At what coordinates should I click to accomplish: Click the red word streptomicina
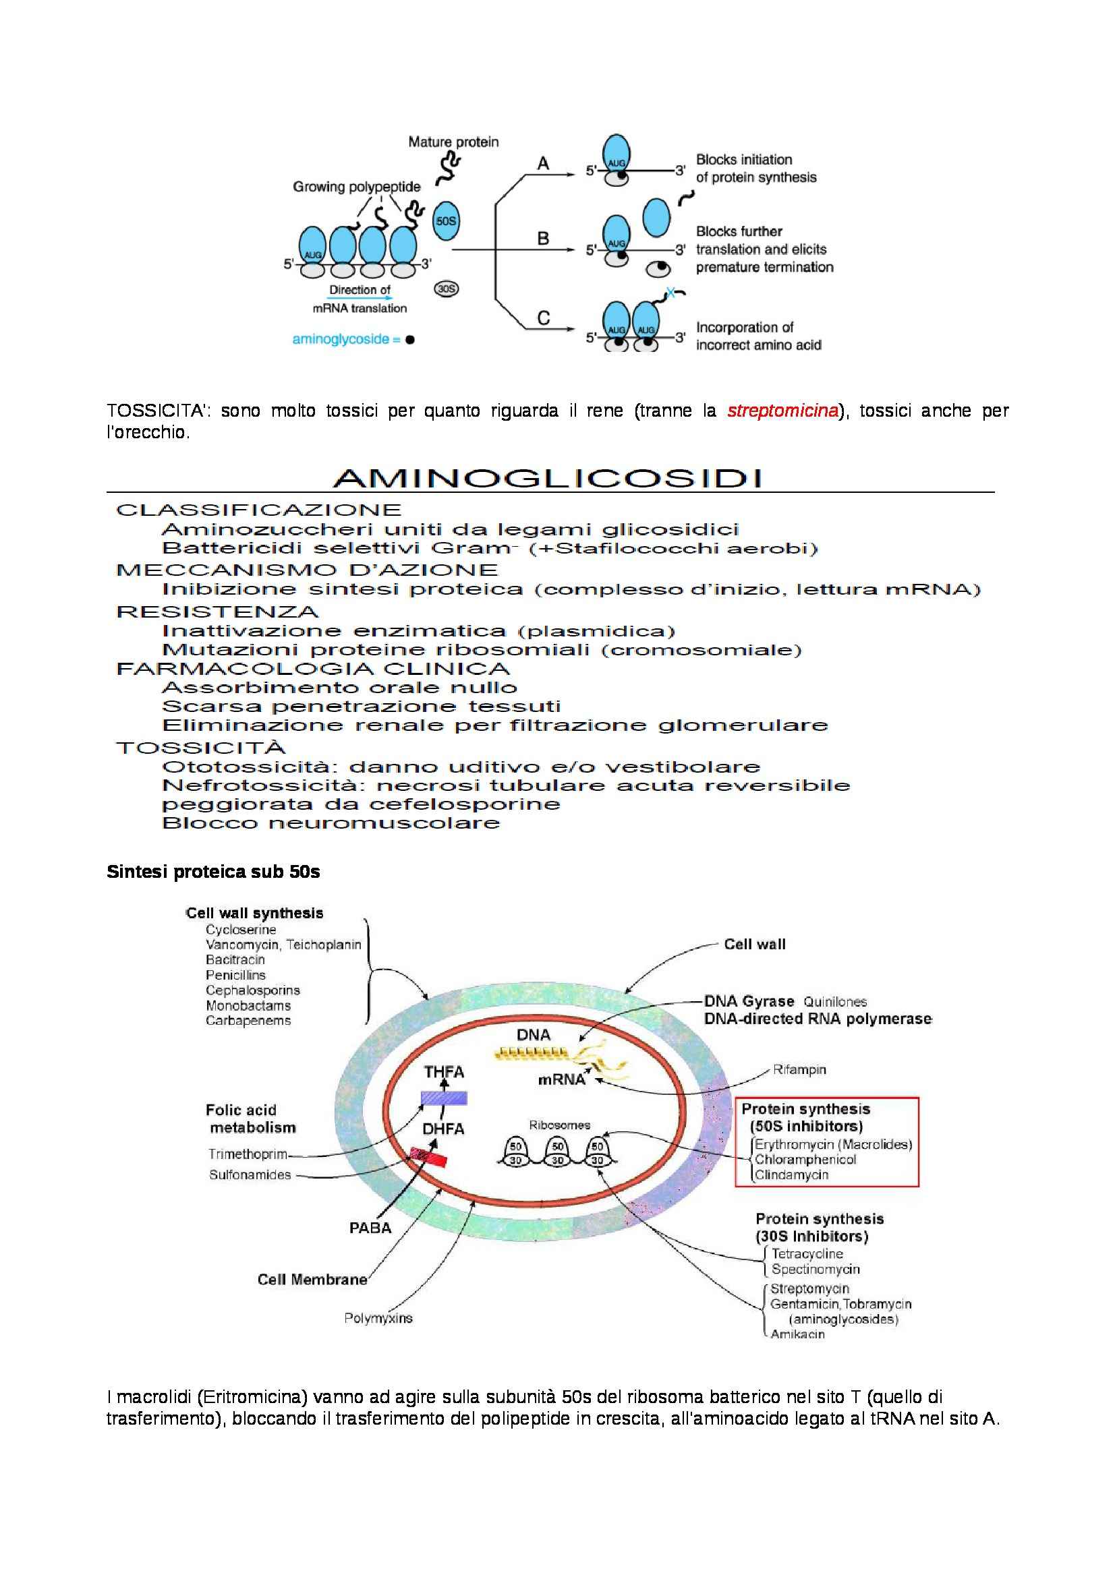782,411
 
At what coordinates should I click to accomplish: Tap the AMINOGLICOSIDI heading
548,478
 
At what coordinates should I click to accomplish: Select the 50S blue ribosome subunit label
446,221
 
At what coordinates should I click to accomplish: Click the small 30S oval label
447,289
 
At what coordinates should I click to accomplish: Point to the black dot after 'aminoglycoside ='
410,339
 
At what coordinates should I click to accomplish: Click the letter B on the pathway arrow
543,239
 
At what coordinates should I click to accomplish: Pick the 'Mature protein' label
453,142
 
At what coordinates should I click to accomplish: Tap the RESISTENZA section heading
217,612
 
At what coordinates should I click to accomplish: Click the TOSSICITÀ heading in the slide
200,748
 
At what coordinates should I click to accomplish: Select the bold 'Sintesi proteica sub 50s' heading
213,872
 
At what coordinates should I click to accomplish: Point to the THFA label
444,1071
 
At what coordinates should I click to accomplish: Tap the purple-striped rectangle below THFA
444,1098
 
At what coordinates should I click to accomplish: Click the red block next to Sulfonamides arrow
429,1157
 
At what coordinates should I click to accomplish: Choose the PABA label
370,1227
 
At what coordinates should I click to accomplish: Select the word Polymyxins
378,1318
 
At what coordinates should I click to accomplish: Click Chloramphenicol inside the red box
805,1160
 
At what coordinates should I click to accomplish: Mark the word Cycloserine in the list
240,930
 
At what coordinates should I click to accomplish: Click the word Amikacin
797,1334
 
